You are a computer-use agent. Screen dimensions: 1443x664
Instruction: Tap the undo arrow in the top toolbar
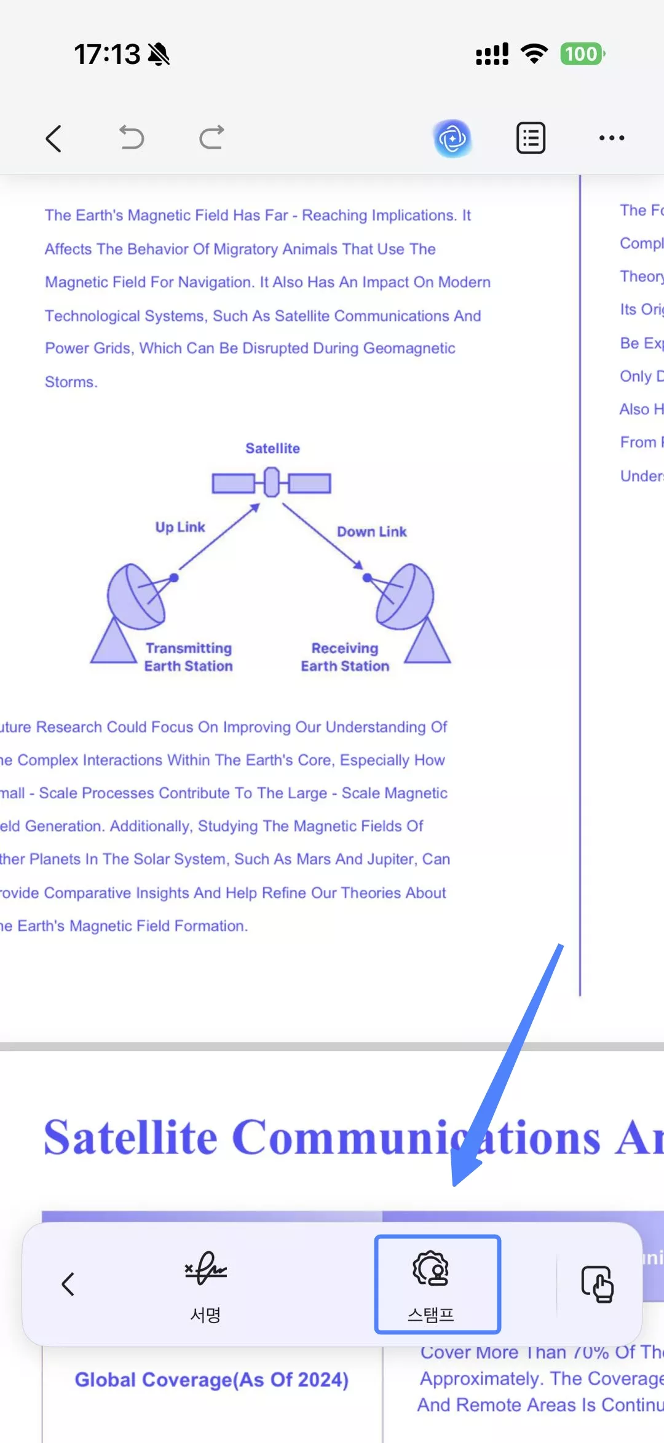[132, 137]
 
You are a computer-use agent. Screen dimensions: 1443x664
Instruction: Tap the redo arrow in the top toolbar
[212, 137]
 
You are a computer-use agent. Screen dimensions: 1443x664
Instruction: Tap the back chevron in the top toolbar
[54, 138]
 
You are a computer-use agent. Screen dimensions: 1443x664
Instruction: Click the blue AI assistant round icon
[453, 138]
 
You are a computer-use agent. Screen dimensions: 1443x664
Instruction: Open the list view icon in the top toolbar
[531, 138]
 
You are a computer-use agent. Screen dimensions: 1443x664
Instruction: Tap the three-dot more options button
[612, 138]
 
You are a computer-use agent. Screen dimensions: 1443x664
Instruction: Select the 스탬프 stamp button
[437, 1284]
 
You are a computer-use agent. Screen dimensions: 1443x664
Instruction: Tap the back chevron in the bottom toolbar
[68, 1284]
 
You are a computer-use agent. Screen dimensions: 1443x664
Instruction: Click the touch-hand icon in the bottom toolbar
[598, 1284]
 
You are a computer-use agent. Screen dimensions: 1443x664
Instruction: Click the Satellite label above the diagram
[272, 449]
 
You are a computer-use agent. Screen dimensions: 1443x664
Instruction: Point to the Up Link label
[180, 527]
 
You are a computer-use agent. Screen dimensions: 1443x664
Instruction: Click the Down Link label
[371, 532]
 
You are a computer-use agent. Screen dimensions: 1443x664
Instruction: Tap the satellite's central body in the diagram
[272, 482]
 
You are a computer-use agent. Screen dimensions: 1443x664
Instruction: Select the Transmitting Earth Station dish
[136, 596]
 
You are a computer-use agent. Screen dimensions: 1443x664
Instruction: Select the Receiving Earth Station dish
[405, 596]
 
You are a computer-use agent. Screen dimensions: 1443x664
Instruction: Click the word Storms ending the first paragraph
[71, 382]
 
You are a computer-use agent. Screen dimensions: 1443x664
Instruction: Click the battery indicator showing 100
[582, 54]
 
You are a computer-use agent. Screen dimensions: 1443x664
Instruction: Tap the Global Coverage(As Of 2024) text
[211, 1380]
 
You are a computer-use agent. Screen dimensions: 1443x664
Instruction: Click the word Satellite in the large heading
[130, 1138]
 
